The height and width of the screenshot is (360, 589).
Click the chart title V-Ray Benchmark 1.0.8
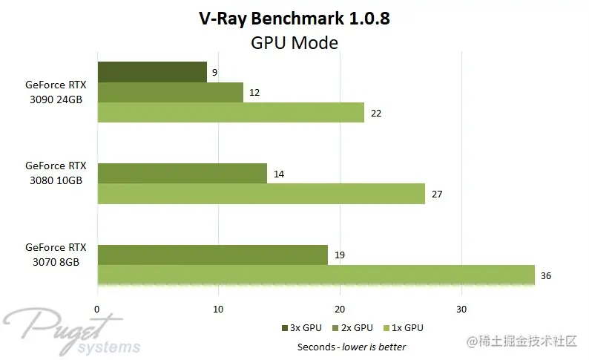click(294, 19)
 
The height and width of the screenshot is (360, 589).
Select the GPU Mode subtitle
click(294, 43)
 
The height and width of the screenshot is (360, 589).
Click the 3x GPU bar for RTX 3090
click(152, 72)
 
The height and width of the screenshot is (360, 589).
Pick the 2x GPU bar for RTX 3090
click(170, 92)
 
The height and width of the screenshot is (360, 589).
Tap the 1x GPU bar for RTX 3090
click(231, 113)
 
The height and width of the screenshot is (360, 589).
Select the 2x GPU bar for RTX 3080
click(182, 174)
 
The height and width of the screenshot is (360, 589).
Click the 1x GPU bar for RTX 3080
click(261, 194)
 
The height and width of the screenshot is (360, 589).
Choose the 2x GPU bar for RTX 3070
click(212, 255)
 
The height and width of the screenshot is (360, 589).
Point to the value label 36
click(546, 275)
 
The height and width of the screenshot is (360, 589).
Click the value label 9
click(214, 73)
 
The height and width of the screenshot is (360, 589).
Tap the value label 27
click(437, 194)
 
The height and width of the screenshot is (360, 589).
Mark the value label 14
click(279, 174)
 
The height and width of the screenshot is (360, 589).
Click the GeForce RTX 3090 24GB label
click(56, 92)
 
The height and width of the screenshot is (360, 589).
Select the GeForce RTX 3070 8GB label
click(56, 255)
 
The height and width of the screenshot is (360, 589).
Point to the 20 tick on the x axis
click(339, 309)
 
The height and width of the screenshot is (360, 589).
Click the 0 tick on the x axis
click(97, 309)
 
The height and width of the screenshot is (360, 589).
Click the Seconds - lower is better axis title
click(352, 347)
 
